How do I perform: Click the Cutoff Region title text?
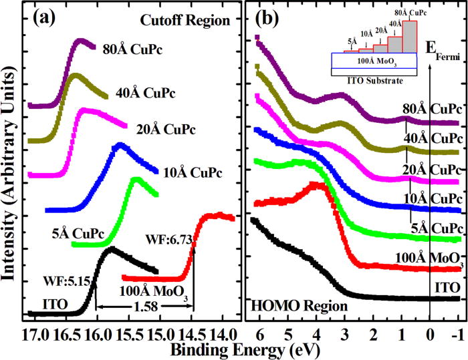[191, 21]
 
